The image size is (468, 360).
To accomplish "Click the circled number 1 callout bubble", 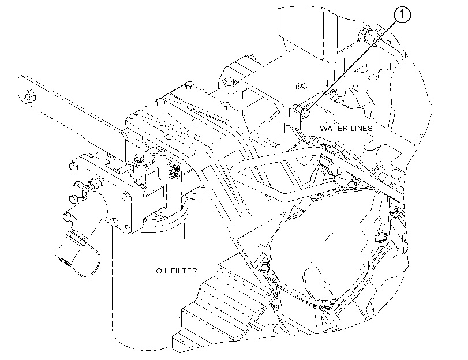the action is [x=402, y=14].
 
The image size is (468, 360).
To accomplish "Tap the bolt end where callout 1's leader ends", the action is [x=306, y=113].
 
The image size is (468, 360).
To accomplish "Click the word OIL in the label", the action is [x=162, y=271].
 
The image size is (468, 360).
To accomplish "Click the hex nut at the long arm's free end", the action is [x=29, y=96].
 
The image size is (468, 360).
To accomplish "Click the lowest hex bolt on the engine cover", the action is [x=328, y=305].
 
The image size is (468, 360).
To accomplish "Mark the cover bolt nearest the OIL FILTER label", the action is [x=264, y=267].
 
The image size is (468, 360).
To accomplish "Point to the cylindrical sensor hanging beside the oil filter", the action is [x=78, y=252].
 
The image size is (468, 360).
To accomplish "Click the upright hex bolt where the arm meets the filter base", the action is [x=139, y=157].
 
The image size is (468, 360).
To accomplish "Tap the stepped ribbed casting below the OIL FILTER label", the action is [x=221, y=307].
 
